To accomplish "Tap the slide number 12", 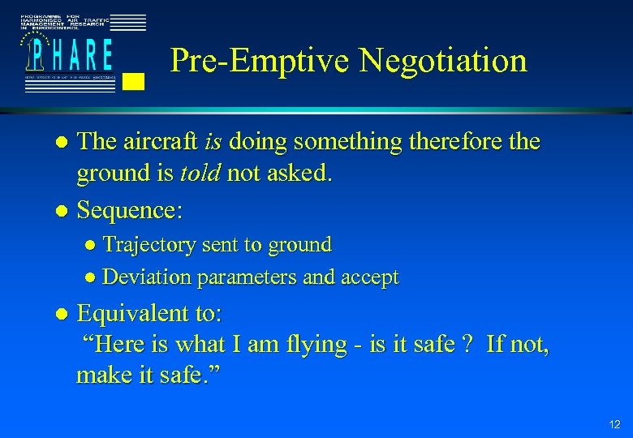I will point(614,424).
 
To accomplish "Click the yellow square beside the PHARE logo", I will point(135,80).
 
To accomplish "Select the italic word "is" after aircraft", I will point(213,142).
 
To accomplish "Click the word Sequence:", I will point(130,211).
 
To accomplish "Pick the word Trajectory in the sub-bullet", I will point(149,244).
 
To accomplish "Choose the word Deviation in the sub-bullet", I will point(147,277).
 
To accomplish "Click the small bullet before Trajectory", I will point(92,245).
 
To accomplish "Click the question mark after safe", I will point(465,344).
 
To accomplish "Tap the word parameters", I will point(245,278).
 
